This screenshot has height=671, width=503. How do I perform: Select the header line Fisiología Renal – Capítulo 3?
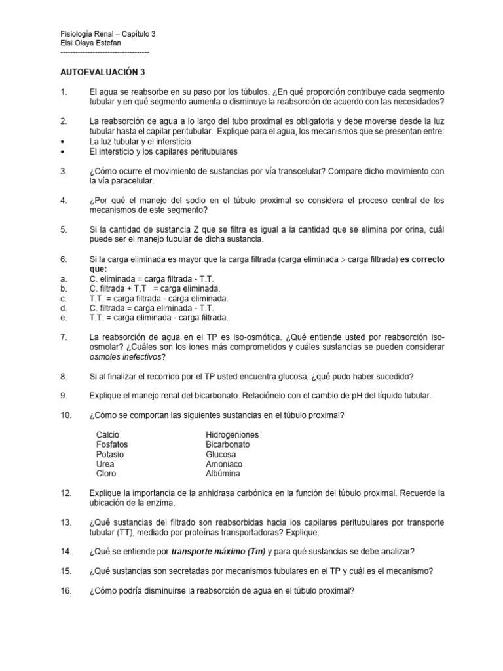[x=107, y=33]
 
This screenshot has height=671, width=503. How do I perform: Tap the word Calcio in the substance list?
[x=107, y=435]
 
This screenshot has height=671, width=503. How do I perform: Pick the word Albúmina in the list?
[x=223, y=473]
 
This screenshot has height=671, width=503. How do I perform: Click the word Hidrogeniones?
[x=233, y=435]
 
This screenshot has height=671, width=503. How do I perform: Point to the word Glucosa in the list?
[x=221, y=454]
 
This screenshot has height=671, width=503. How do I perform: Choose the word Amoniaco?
[x=224, y=464]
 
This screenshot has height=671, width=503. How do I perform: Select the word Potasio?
[x=109, y=454]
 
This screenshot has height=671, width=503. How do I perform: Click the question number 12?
[x=64, y=493]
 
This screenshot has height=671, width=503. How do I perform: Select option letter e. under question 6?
[x=62, y=318]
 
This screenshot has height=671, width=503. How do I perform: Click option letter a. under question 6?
[x=62, y=278]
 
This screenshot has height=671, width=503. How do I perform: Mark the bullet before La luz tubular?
[x=62, y=142]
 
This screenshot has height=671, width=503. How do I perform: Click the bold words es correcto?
[x=419, y=259]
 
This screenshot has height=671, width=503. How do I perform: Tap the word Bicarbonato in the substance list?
[x=228, y=444]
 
